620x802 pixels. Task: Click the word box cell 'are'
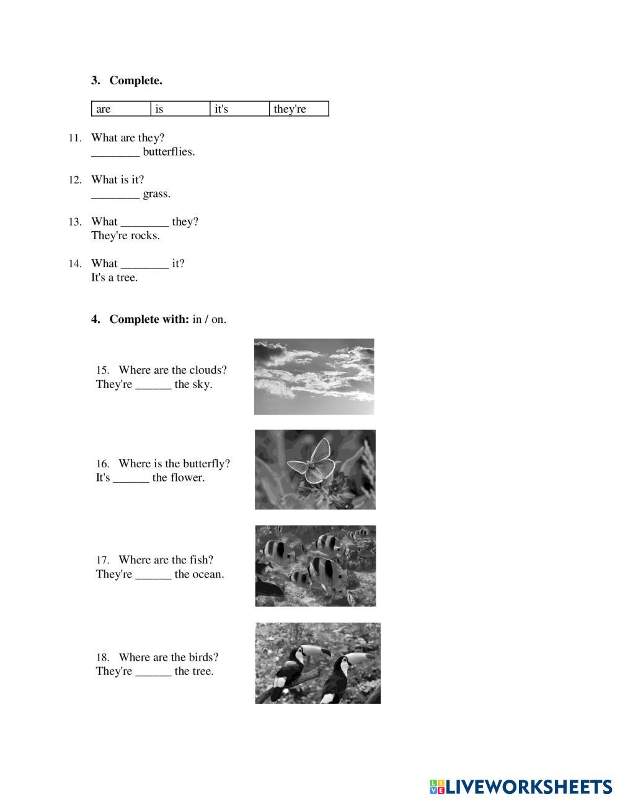coord(121,108)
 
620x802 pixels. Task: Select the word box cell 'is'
coord(180,108)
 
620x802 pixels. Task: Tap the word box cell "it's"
coord(239,108)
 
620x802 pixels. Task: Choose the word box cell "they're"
coord(299,108)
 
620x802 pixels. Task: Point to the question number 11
coord(75,138)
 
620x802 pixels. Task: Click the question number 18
coord(103,658)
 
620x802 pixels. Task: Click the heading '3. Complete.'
coord(126,81)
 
